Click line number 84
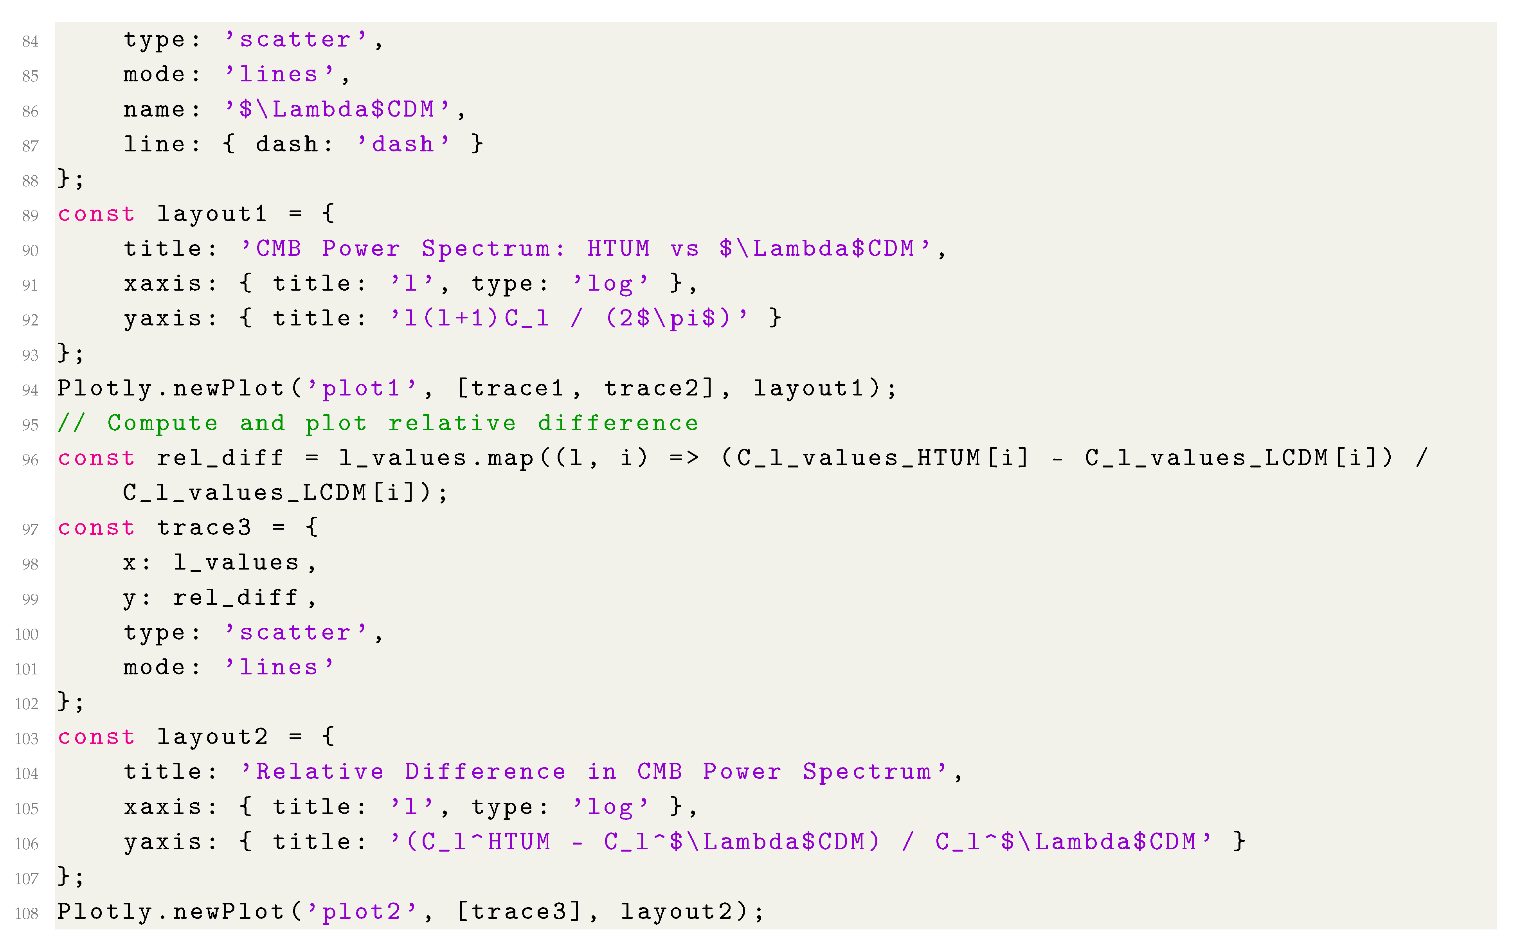30,41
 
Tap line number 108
26,913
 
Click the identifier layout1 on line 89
212,214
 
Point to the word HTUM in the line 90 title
618,248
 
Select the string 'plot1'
361,388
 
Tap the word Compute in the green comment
162,423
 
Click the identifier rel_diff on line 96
220,458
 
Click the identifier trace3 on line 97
203,528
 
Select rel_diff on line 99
236,597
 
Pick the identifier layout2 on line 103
212,737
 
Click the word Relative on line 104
320,772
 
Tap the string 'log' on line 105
610,807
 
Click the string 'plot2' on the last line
361,911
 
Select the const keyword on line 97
96,528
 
